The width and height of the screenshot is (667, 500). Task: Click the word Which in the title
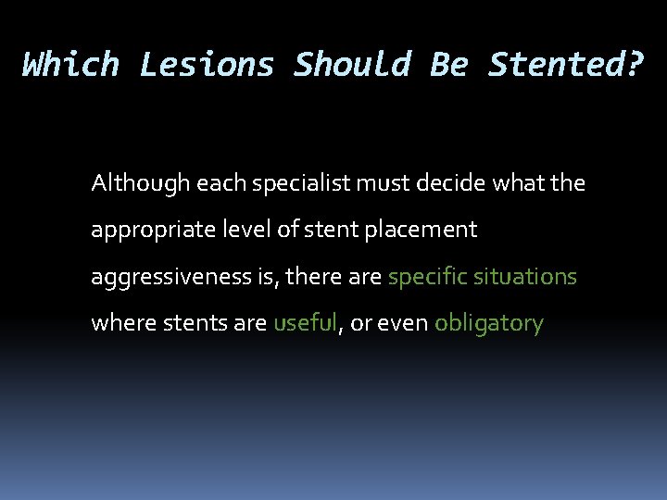click(70, 65)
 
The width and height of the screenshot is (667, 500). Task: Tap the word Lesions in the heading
click(207, 65)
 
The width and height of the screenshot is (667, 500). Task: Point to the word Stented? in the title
click(564, 65)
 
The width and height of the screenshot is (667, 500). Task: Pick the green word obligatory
click(488, 324)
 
